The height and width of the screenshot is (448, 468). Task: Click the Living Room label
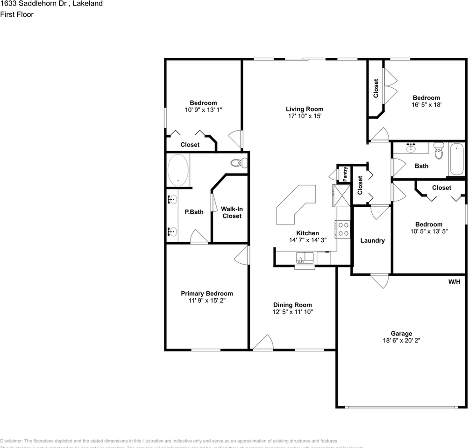[305, 109]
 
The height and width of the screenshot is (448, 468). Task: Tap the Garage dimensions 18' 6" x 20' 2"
[401, 341]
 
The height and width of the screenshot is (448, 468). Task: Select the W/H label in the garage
[454, 282]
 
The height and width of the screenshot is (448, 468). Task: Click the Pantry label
[345, 174]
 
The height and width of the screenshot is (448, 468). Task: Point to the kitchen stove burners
[343, 229]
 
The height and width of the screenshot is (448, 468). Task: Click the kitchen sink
[305, 258]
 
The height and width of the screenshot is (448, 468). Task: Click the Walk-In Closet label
[232, 213]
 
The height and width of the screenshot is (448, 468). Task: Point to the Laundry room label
[372, 241]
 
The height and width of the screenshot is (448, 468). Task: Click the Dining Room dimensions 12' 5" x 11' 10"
[292, 312]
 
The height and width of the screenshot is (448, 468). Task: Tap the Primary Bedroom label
[206, 294]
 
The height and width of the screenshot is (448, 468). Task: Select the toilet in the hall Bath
[439, 151]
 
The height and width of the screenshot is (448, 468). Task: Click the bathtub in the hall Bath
[456, 159]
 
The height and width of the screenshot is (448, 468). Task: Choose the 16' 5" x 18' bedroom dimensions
[426, 105]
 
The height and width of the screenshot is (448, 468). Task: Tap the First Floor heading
[17, 14]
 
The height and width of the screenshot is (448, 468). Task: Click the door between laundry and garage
[379, 281]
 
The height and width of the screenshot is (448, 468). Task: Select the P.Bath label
[194, 212]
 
